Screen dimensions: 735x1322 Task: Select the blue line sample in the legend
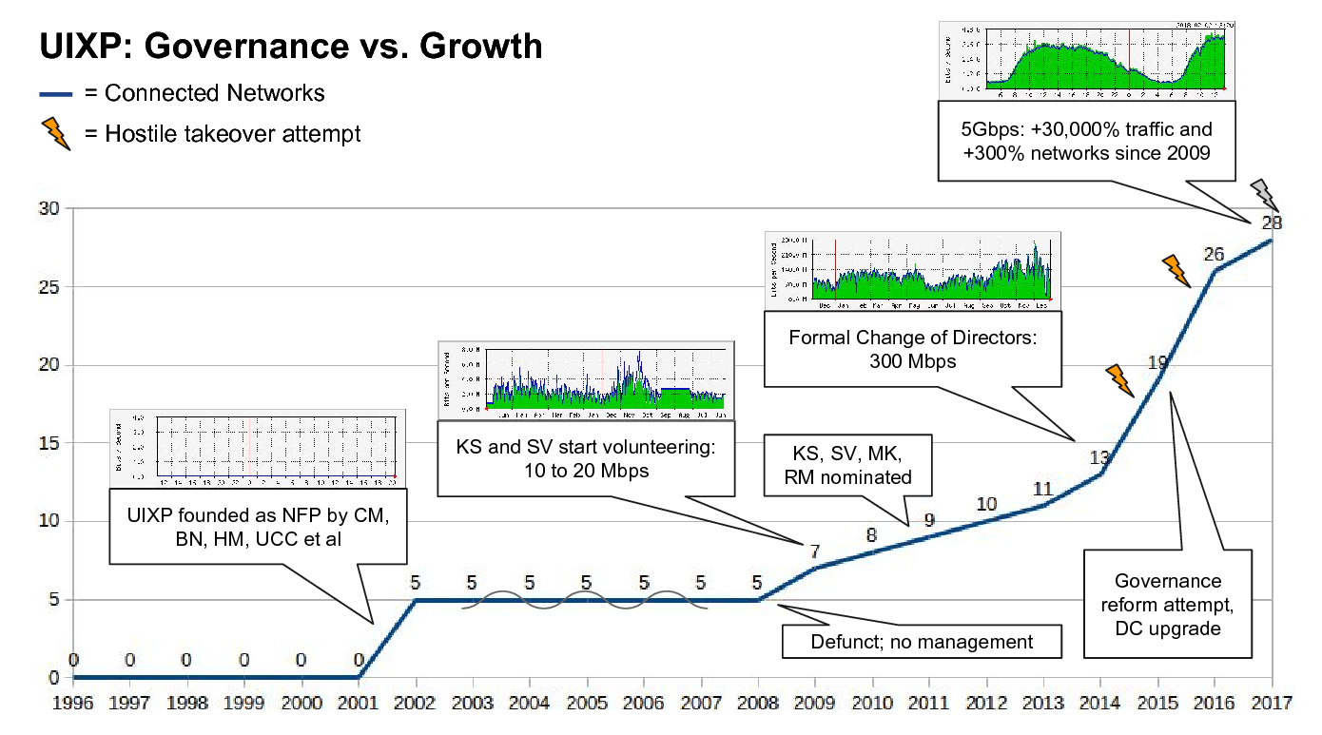coord(57,93)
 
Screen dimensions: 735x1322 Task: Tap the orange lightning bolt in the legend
coord(57,134)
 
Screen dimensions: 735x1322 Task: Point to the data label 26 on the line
coord(1214,254)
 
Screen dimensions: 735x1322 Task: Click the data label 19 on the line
coord(1157,362)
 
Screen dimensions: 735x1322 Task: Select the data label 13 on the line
coord(1099,456)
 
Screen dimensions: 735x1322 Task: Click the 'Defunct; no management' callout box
coord(921,642)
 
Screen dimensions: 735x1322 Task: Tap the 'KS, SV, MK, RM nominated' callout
coord(848,463)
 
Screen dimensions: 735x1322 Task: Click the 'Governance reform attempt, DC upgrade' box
coord(1167,604)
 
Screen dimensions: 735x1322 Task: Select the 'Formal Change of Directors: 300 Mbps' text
coord(911,349)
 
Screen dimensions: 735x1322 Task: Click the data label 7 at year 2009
coord(814,551)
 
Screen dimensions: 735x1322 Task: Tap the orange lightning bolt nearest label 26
coord(1176,271)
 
